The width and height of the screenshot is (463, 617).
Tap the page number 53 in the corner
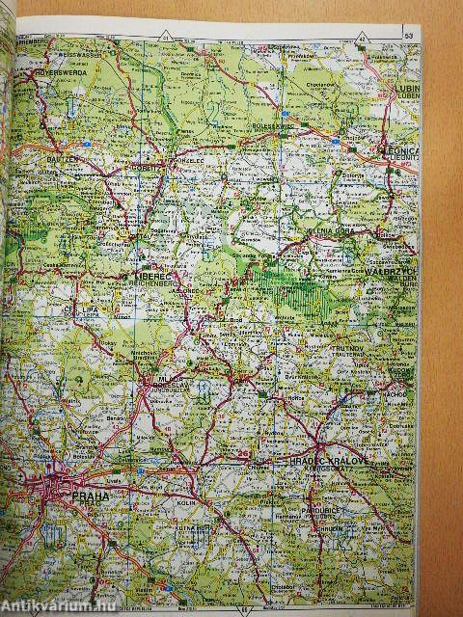pyautogui.click(x=408, y=36)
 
